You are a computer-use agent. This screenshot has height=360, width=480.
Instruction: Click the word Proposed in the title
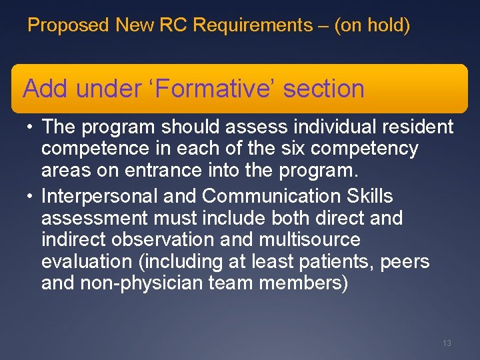(68, 26)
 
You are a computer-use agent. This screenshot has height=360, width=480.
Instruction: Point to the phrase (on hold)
(372, 26)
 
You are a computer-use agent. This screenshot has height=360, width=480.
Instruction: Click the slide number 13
(447, 343)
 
